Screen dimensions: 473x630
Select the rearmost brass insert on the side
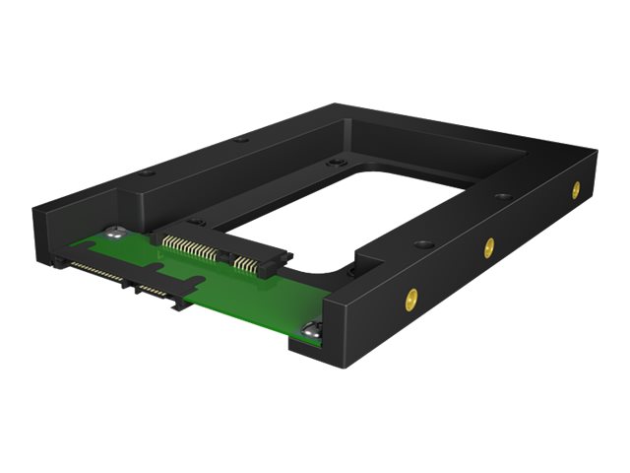pos(576,190)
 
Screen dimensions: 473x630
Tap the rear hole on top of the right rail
pos(503,196)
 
